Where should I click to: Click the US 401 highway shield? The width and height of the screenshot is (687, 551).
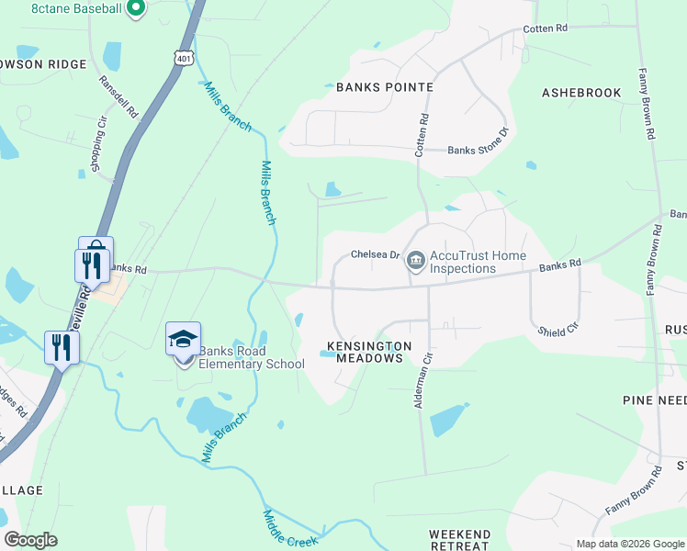(185, 58)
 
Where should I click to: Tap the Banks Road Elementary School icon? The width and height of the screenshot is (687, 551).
(183, 340)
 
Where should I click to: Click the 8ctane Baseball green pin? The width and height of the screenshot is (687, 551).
(136, 9)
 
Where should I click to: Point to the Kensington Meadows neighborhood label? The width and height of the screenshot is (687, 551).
(365, 352)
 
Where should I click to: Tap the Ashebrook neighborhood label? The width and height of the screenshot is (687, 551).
(581, 93)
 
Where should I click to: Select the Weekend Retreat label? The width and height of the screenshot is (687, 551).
(459, 540)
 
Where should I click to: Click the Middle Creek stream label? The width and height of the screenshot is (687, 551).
(289, 530)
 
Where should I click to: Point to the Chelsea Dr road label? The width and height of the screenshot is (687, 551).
(375, 254)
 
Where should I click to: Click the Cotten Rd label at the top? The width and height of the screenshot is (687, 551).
(545, 28)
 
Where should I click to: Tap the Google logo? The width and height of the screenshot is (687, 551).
(30, 540)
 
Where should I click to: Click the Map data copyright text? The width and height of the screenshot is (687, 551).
(630, 544)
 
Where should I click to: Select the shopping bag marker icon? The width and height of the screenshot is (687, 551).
(96, 250)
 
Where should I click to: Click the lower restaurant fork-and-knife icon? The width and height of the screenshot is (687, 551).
(62, 347)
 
